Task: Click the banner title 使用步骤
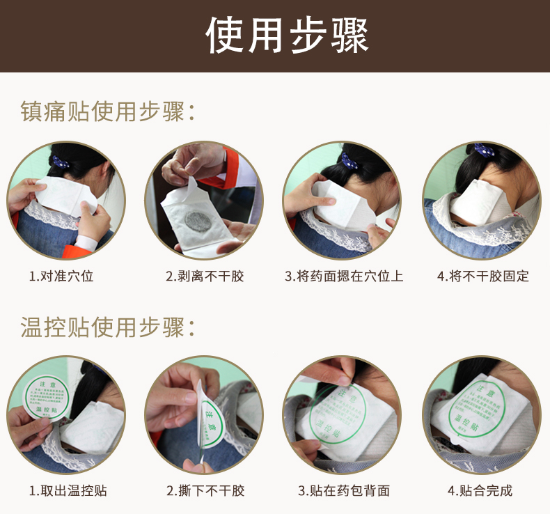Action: click(287, 36)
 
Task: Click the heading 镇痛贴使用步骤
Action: click(108, 111)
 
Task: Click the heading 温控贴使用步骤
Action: click(108, 327)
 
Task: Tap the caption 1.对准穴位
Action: click(61, 276)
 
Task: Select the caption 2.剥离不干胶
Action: click(205, 276)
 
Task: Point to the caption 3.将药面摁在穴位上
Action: click(344, 276)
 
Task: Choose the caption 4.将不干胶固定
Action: click(483, 276)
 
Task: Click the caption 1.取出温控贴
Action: click(68, 490)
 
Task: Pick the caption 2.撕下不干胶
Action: click(205, 490)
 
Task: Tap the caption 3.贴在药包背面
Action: click(344, 490)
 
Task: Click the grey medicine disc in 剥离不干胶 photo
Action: click(201, 220)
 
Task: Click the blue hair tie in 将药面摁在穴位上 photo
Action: click(348, 160)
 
